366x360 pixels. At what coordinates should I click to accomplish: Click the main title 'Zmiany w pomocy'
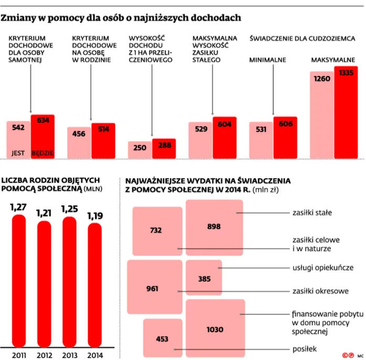click(x=121, y=18)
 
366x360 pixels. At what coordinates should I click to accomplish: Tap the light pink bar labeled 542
click(x=18, y=139)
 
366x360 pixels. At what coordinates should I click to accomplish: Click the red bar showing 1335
click(x=346, y=111)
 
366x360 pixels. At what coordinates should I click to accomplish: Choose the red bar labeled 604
click(x=224, y=140)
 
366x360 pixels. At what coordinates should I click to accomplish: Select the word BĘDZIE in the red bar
click(x=42, y=153)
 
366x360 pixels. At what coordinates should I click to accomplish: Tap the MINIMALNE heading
click(x=267, y=60)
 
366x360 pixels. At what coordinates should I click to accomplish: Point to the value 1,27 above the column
click(x=18, y=208)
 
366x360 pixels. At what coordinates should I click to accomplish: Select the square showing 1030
click(x=215, y=329)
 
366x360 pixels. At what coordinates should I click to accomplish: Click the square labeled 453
click(x=163, y=338)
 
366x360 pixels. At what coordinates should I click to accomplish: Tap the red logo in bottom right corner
click(x=346, y=355)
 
